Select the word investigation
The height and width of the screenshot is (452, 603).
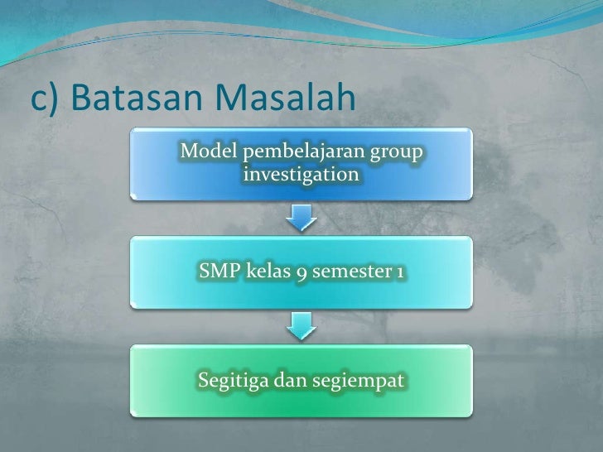coord(302,176)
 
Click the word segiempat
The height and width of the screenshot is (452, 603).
coord(358,381)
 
